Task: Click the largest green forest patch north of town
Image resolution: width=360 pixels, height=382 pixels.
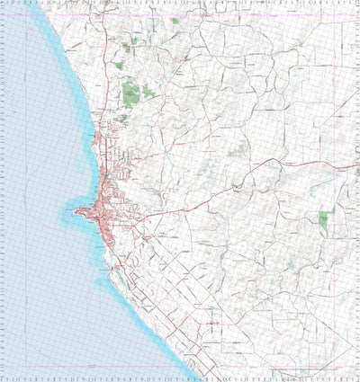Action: click(131, 91)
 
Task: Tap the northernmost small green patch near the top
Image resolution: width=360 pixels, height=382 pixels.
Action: click(175, 21)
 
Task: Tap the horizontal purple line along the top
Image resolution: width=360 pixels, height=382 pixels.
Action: click(225, 15)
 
